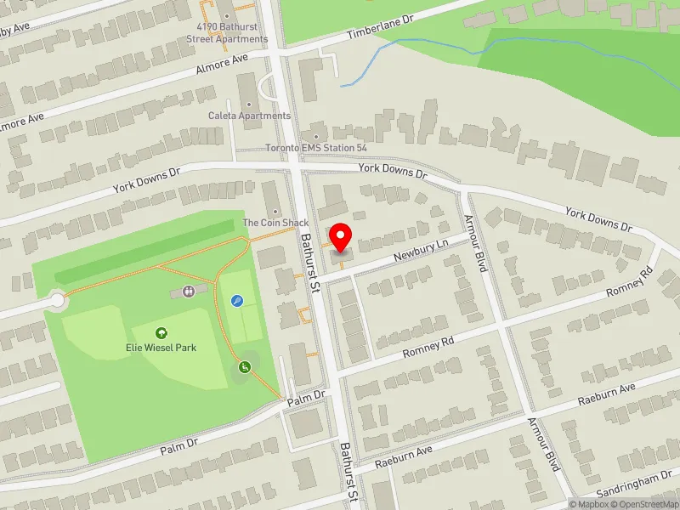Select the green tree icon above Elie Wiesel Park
coord(161,333)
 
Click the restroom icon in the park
coord(188,292)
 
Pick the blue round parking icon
coord(236,300)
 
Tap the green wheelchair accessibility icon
coord(244,367)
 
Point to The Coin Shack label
coord(275,223)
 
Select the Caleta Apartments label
coord(249,116)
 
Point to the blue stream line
coord(425,42)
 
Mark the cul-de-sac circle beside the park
coord(57,299)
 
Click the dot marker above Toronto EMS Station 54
coord(315,136)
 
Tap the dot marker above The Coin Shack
coord(275,212)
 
